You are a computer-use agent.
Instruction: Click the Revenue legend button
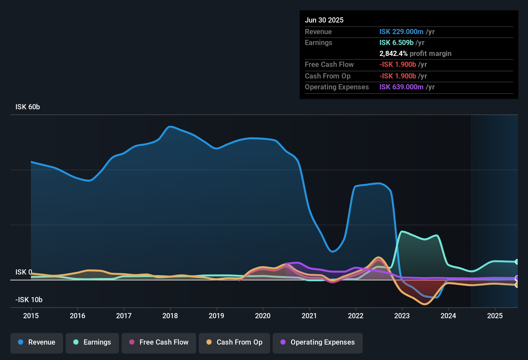click(37, 342)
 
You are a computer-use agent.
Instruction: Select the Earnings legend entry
click(92, 342)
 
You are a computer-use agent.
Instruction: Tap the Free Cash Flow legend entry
click(159, 342)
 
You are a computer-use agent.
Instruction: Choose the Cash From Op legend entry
click(234, 342)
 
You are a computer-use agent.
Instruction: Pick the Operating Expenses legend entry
click(318, 342)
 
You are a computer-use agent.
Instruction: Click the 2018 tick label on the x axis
click(170, 316)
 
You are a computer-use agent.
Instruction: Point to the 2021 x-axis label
click(309, 316)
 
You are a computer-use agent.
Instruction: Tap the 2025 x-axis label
click(495, 316)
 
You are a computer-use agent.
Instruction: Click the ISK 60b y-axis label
click(28, 107)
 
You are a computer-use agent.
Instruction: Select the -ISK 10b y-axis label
click(29, 300)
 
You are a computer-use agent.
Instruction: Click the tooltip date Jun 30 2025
click(324, 20)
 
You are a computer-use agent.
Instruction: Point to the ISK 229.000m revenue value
click(401, 32)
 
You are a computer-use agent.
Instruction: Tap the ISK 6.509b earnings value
click(396, 43)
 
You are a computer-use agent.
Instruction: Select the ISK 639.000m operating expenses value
click(401, 87)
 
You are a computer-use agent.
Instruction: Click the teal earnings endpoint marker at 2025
click(517, 262)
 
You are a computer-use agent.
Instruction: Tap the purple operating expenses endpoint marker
click(517, 278)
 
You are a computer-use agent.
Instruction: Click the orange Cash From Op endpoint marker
click(517, 285)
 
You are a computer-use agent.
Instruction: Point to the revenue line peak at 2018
click(170, 127)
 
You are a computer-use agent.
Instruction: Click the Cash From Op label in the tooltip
click(328, 76)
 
